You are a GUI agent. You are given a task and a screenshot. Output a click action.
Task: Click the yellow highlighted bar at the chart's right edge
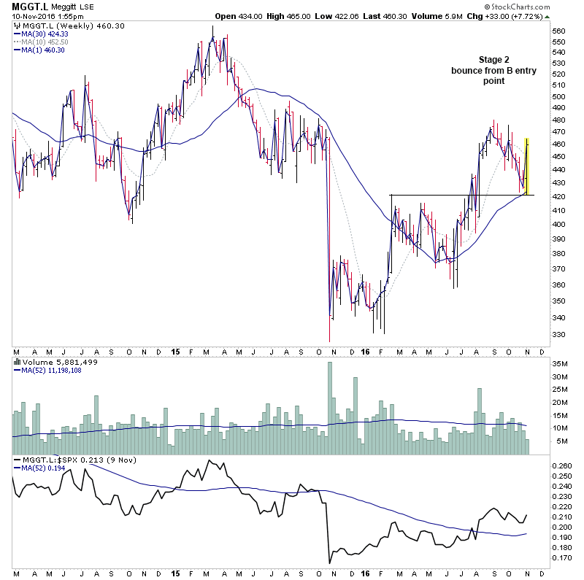coord(528,166)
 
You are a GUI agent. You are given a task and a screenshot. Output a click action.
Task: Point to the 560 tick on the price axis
coord(558,31)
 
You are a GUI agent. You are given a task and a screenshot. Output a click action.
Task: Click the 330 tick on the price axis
coord(558,334)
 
